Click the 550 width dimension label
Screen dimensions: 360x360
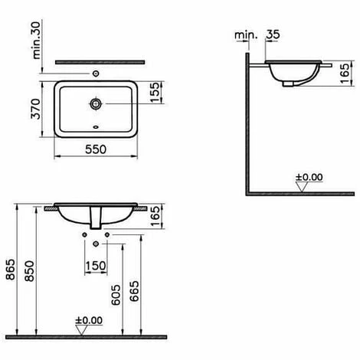click(x=96, y=149)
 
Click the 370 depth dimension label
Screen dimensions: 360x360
click(x=36, y=109)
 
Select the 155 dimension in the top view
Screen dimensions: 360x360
click(x=155, y=92)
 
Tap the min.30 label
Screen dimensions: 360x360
click(x=36, y=41)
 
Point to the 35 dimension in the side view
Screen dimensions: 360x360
click(x=273, y=34)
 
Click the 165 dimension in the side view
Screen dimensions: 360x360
click(x=345, y=74)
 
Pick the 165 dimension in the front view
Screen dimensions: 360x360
click(x=155, y=216)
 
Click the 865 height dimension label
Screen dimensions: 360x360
click(x=11, y=270)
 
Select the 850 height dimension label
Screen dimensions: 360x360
click(x=29, y=271)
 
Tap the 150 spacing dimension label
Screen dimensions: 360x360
click(x=96, y=266)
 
